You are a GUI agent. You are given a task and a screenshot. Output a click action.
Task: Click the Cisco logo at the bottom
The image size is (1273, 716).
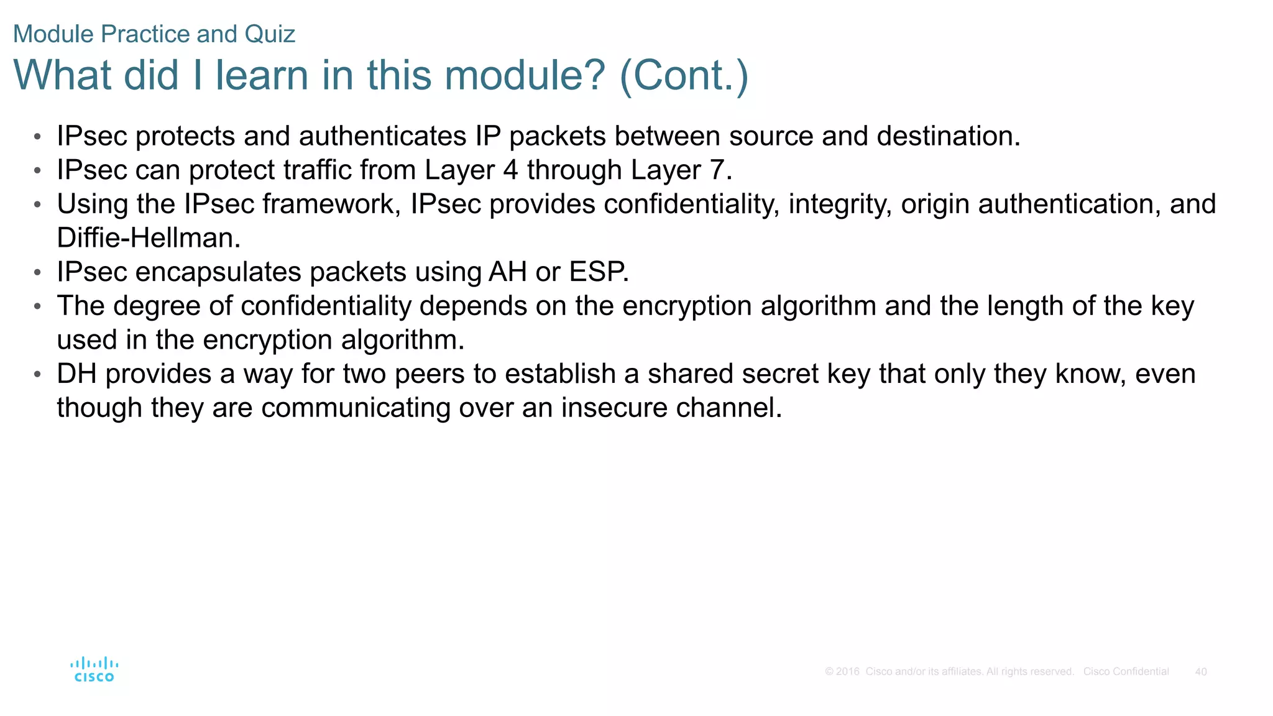coord(94,669)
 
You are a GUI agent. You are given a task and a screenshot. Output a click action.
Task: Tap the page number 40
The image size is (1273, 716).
coord(1201,672)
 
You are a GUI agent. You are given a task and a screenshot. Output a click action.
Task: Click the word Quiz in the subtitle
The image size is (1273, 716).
coord(270,34)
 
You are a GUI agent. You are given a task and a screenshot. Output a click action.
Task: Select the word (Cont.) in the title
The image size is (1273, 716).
coord(684,75)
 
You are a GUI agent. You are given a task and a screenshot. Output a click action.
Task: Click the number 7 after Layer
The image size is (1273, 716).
coord(721,170)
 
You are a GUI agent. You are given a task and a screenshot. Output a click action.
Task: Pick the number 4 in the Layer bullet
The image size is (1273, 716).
coord(510,170)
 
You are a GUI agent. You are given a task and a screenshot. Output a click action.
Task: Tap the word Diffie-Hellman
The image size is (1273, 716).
coord(149,238)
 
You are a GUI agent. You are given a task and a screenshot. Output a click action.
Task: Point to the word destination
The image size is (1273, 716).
coord(949,136)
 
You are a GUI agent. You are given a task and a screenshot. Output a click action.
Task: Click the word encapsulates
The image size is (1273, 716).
coord(218,272)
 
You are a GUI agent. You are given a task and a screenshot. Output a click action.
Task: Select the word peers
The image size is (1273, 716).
coord(429,374)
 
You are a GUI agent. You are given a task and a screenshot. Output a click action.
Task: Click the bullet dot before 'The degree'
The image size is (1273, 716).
coord(37,306)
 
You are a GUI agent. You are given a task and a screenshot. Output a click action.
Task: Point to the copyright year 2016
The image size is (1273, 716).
coord(848,672)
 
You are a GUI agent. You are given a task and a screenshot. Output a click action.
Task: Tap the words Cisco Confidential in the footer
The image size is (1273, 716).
coord(1126,672)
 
